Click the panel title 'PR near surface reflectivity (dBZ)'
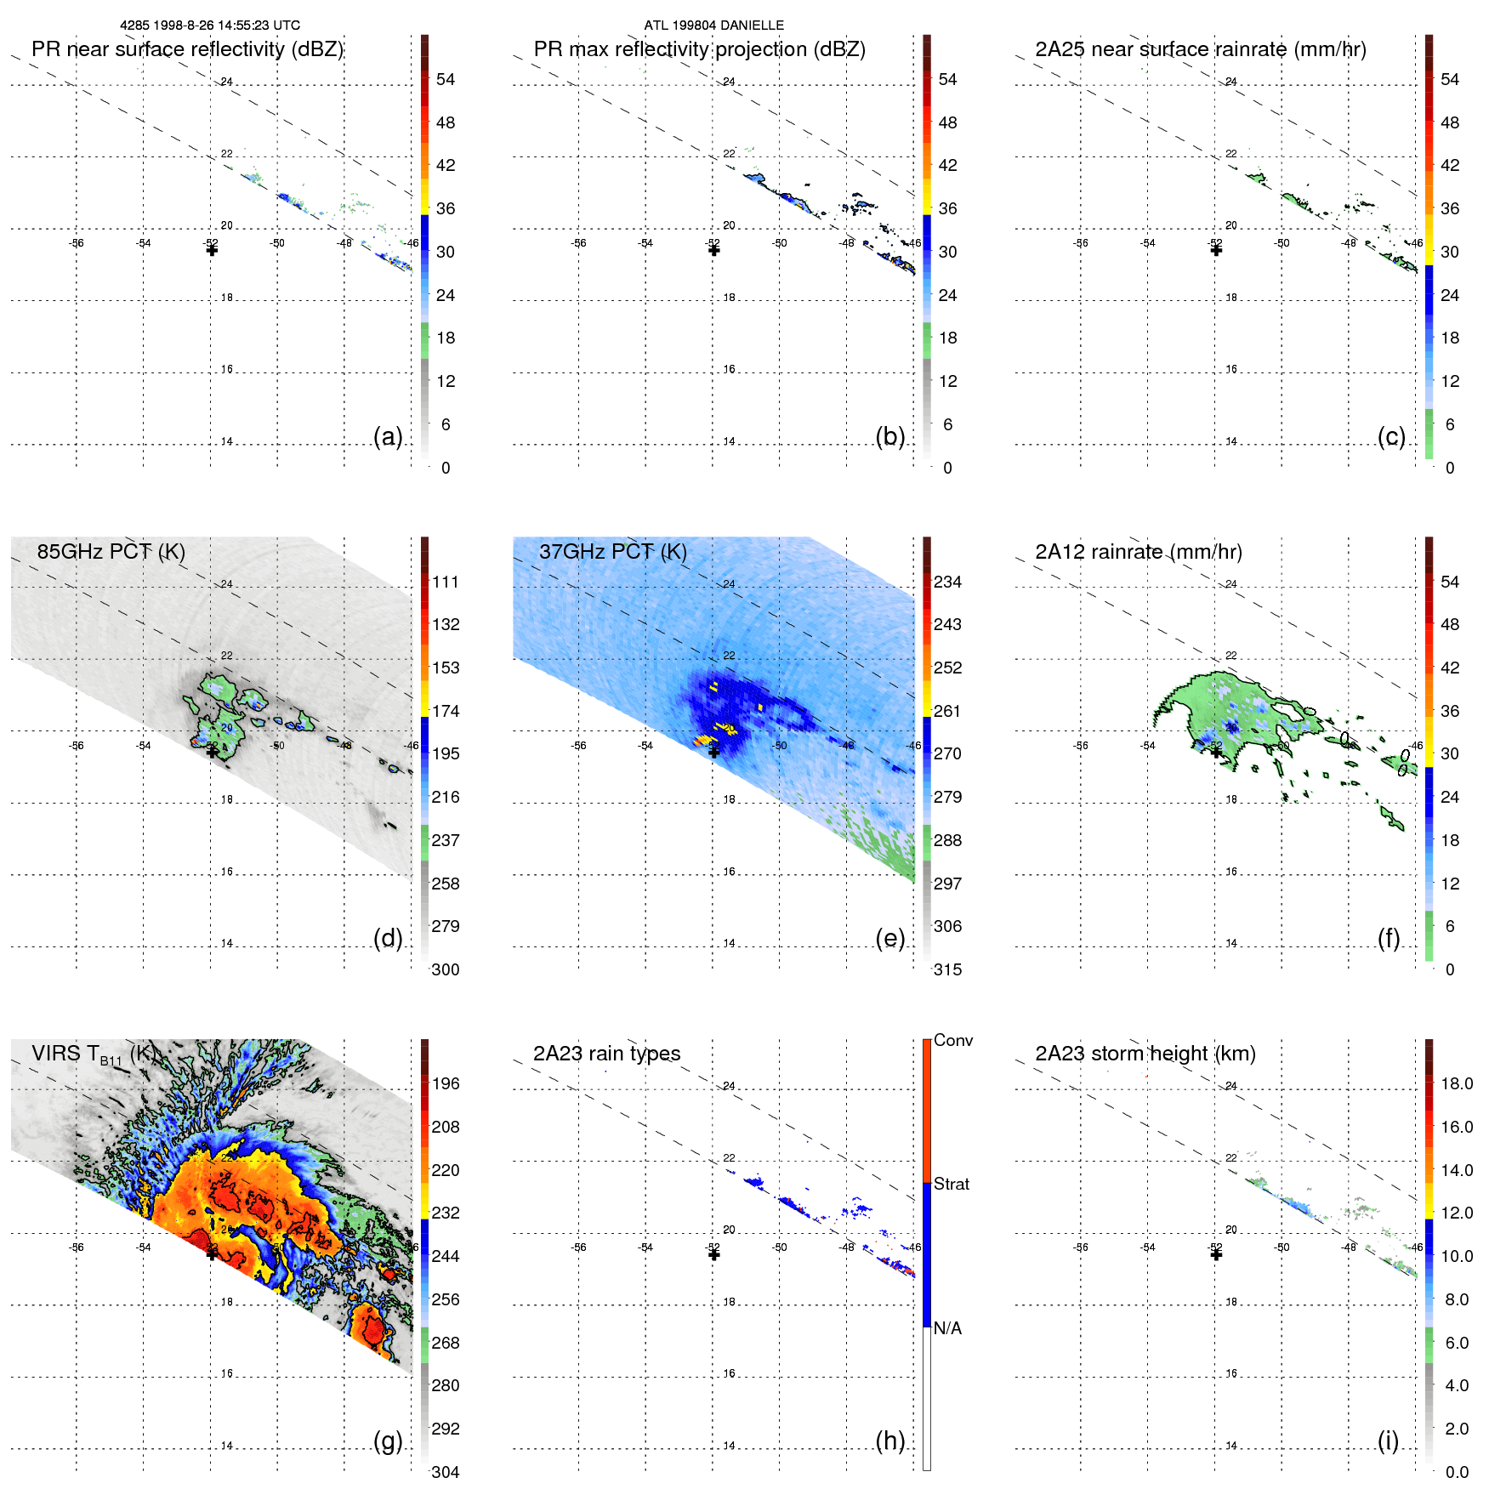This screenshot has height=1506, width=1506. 187,49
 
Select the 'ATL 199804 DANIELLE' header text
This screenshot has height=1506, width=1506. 713,26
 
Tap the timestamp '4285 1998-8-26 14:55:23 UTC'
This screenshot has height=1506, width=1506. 210,26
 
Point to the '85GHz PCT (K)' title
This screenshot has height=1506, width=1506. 111,552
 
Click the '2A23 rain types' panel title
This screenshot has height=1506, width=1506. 606,1054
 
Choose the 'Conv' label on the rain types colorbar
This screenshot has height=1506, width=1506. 952,1040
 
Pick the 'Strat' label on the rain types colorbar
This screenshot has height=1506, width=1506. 951,1184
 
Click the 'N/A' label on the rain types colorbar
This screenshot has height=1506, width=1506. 947,1328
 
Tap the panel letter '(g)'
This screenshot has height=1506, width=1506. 388,1441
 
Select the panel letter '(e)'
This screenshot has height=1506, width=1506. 889,939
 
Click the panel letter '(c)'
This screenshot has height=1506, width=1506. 1391,437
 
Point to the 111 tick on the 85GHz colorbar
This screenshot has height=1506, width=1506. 446,583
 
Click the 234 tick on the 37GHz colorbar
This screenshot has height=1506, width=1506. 947,583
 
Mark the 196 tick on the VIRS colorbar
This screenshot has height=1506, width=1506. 446,1084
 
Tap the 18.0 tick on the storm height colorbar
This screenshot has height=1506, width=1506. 1456,1084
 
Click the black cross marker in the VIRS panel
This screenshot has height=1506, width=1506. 212,1253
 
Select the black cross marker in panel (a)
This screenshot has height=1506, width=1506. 212,250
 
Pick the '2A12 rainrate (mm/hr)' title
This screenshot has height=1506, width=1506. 1138,552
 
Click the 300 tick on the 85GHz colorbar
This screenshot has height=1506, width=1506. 446,969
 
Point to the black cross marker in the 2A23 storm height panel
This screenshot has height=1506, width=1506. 1216,1254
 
